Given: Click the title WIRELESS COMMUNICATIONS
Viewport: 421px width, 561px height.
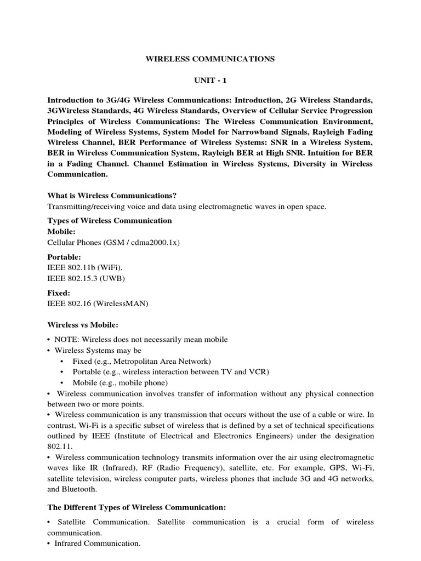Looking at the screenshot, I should pyautogui.click(x=210, y=59).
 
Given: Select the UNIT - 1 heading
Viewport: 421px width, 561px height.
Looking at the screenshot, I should pyautogui.click(x=210, y=80).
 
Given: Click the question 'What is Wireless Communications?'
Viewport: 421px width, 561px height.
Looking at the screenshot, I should pyautogui.click(x=112, y=196).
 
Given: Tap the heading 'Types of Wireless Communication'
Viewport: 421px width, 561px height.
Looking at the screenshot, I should pyautogui.click(x=110, y=220).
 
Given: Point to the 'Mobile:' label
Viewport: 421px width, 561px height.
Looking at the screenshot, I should pyautogui.click(x=61, y=232).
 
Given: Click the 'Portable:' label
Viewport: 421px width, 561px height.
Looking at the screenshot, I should pyautogui.click(x=64, y=256).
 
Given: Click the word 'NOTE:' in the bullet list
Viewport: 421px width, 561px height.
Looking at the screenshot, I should pyautogui.click(x=67, y=340).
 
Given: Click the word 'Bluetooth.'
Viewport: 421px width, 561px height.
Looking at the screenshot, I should pyautogui.click(x=81, y=489).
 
